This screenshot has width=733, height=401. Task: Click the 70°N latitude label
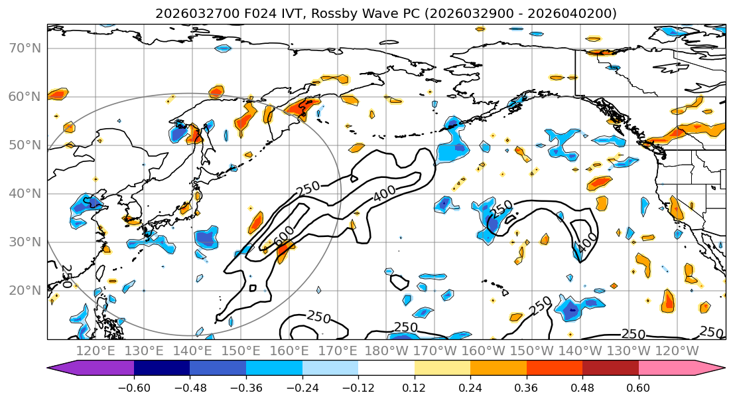click(x=25, y=48)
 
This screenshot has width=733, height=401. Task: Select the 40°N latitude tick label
click(x=25, y=194)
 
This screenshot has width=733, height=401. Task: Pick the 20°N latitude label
click(x=25, y=291)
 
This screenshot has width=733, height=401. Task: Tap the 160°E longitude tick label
click(x=289, y=351)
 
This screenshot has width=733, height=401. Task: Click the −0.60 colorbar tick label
click(x=133, y=387)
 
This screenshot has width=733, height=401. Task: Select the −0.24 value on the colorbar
click(x=302, y=387)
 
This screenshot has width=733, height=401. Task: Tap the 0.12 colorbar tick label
click(x=414, y=387)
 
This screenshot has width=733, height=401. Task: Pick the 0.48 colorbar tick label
click(x=582, y=387)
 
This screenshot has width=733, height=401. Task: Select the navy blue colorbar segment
click(x=162, y=368)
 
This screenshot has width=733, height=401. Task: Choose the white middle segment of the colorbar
click(x=386, y=368)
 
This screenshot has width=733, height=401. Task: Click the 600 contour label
click(x=284, y=234)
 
